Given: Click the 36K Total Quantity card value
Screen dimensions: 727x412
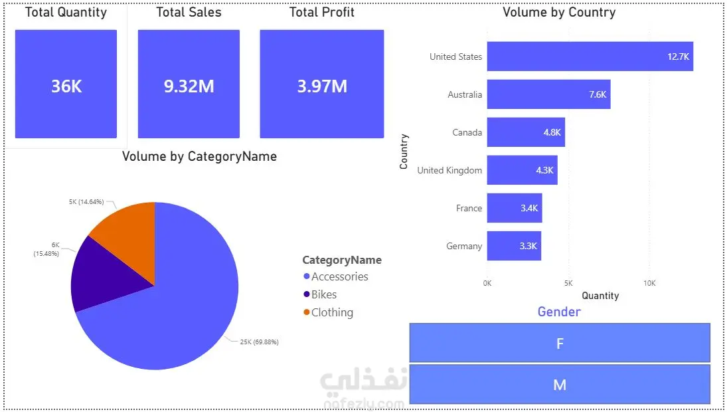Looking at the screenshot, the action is [x=66, y=86].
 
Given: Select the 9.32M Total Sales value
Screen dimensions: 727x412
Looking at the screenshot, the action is [x=189, y=86].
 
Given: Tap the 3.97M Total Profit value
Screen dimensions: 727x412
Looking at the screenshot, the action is [x=322, y=86].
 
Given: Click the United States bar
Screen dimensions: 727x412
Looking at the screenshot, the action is [x=590, y=56].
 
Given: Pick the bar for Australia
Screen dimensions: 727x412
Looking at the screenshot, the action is [x=548, y=94].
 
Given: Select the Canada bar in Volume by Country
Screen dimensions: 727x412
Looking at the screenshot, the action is [x=526, y=132].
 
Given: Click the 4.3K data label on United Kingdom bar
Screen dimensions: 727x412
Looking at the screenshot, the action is [x=545, y=170].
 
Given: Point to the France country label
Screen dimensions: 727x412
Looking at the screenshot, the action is [x=469, y=208].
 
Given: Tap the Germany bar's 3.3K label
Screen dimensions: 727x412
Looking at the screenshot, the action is [x=528, y=246].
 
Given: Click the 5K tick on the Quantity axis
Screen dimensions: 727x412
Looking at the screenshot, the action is [x=568, y=283].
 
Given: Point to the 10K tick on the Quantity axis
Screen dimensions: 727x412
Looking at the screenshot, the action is [x=649, y=283].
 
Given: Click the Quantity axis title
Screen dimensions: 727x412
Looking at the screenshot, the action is [x=600, y=296].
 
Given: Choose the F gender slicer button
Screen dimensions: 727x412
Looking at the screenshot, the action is [x=560, y=343].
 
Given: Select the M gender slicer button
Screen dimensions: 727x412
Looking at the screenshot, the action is [x=560, y=384].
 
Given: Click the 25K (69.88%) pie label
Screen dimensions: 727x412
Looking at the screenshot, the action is [x=259, y=342].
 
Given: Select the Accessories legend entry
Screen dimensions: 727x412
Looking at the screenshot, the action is [x=336, y=276].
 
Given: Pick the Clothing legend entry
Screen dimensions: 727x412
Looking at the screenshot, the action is [x=328, y=313].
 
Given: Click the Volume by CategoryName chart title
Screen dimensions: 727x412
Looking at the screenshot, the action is [x=199, y=156].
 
